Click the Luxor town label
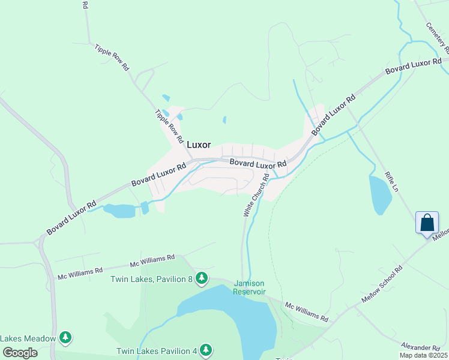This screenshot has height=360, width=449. (199, 145)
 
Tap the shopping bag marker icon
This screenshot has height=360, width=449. (427, 223)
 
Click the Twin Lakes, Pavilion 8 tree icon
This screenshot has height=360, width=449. (202, 278)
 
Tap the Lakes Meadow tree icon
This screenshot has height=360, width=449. (65, 338)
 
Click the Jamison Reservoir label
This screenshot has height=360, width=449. (250, 287)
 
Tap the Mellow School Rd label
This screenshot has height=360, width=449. (382, 284)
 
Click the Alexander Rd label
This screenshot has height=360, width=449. (421, 347)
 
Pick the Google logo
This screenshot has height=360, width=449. (19, 353)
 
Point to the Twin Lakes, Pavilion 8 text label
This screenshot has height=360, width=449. (151, 278)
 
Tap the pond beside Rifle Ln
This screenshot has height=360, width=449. (380, 194)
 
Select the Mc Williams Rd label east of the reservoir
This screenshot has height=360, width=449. (307, 311)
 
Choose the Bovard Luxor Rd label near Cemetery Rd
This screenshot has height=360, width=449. (414, 67)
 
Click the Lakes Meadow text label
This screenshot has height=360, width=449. (28, 338)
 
